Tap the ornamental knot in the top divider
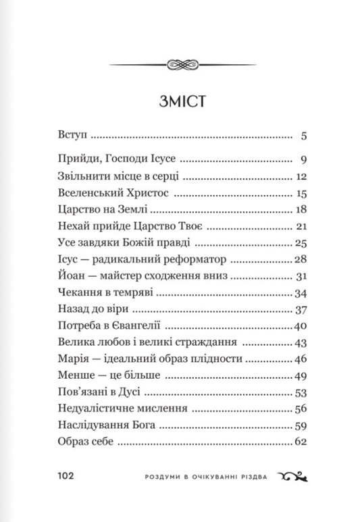[x=179, y=64]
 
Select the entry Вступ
[x=70, y=136]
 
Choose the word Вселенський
[x=83, y=193]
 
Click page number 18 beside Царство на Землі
[x=302, y=209]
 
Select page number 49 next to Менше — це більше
[x=302, y=375]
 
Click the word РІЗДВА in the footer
[x=252, y=475]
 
